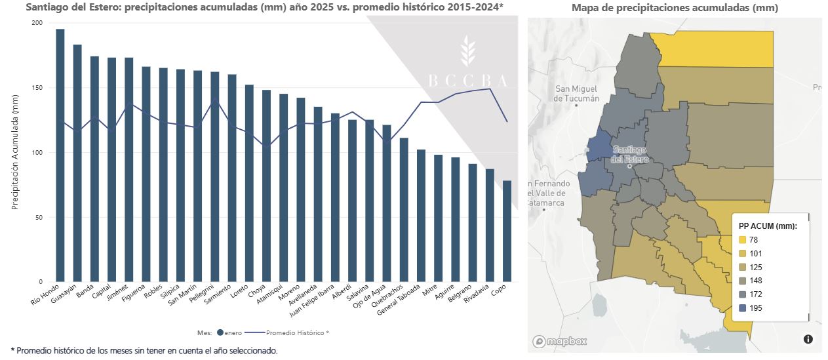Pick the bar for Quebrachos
pos(404,210)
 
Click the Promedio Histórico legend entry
pos(292,332)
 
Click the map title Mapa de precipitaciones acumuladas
pos(675,8)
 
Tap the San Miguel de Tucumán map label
pos(576,93)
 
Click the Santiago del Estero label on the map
pos(629,154)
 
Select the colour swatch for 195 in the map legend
pos(743,308)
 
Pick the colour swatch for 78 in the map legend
pos(743,240)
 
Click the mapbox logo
pos(559,341)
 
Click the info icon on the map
pos(808,339)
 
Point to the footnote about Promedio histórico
pos(144,351)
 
